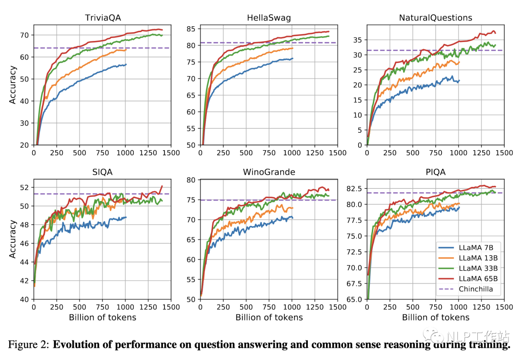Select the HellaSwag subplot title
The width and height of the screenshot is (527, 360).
coord(268,18)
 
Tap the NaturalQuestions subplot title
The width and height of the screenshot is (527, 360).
coord(435,18)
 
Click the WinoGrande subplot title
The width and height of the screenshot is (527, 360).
coord(268,172)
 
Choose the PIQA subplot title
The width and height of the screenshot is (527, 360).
coord(435,172)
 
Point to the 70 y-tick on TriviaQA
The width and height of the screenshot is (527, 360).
coord(24,35)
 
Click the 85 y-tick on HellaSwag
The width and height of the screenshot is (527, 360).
coord(190,29)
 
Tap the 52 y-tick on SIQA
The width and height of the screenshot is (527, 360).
coord(24,187)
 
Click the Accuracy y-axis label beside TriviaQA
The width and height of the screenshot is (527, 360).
coord(13,86)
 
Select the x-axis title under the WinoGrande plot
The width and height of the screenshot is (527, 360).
coord(268,318)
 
